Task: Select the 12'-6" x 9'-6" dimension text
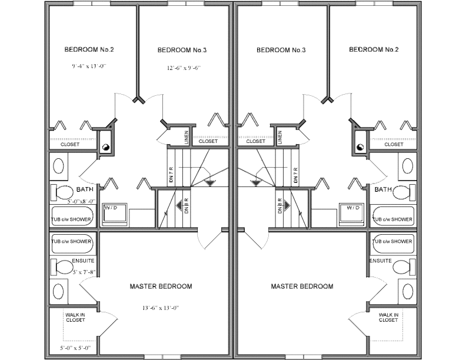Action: (184, 68)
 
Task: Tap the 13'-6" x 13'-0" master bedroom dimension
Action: (160, 308)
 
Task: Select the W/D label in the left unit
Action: (111, 208)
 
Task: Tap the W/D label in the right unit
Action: (352, 208)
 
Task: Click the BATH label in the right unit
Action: (383, 189)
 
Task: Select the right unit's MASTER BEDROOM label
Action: (302, 286)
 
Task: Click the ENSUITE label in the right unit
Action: (380, 261)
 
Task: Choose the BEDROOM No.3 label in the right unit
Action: (281, 50)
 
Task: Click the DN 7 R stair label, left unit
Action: (172, 176)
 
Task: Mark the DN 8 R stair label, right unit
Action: (279, 205)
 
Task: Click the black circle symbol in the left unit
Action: (106, 148)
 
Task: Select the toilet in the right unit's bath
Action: (403, 192)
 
